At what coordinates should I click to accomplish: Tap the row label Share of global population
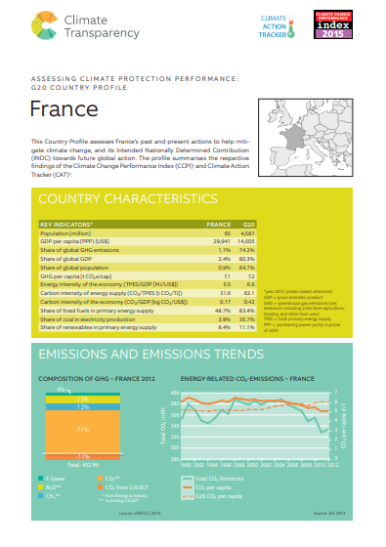click(x=79, y=267)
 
